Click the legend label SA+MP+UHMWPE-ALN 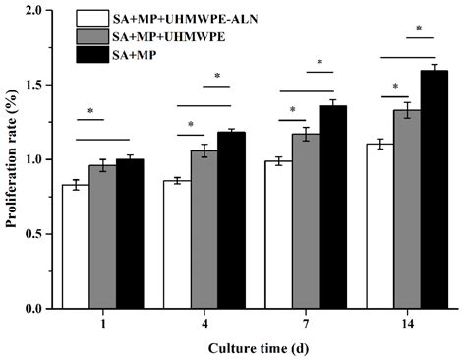pyautogui.click(x=185, y=19)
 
